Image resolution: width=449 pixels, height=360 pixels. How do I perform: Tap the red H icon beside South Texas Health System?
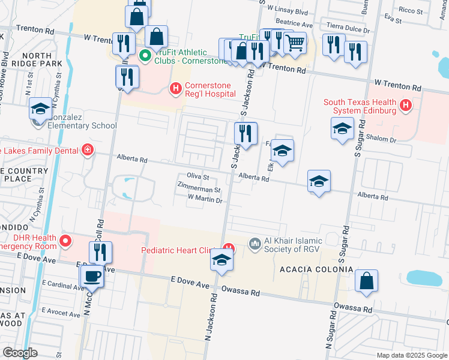coord(406,106)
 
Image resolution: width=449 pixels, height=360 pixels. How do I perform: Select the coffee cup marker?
coord(92,277)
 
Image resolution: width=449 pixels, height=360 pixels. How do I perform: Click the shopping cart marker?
coord(295,43)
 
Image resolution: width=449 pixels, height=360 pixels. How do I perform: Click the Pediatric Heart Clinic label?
coord(181,250)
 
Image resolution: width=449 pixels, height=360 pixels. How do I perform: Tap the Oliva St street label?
coord(197,177)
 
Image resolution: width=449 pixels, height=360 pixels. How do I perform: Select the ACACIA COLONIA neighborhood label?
coord(316,269)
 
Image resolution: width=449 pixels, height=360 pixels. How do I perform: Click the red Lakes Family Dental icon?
coord(88,149)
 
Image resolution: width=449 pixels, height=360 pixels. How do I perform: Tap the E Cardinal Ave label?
coord(63,287)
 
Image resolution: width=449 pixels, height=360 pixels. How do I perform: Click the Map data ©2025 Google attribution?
coord(412,355)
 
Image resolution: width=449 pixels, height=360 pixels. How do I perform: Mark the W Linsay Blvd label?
coord(288,11)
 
